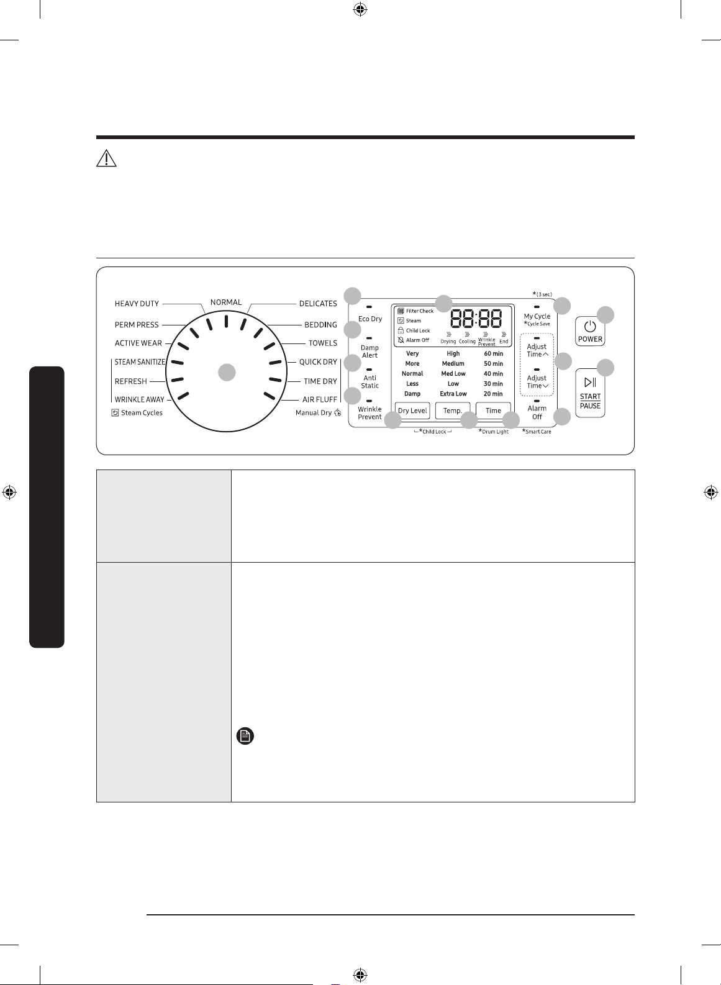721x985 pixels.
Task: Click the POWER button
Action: (590, 331)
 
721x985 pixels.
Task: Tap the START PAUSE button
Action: (590, 393)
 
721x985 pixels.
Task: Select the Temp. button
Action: (452, 411)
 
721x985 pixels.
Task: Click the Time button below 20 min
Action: (493, 411)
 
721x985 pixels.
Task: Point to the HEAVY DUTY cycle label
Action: (137, 304)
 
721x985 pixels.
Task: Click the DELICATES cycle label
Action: (318, 304)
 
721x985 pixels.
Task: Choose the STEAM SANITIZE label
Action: (140, 362)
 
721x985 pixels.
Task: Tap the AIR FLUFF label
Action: (320, 399)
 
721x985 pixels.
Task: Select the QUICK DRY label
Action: (318, 362)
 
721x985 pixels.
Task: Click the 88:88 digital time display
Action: (476, 318)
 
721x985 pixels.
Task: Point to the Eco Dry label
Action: (370, 319)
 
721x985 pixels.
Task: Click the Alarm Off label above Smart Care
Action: (537, 412)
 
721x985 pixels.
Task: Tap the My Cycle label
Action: (537, 316)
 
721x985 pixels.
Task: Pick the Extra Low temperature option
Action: (453, 394)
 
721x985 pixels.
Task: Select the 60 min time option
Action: (493, 353)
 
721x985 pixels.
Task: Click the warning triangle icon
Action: (106, 158)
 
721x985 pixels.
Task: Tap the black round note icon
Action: (245, 736)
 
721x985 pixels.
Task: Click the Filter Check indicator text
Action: (419, 311)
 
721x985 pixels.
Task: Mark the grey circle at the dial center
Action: (227, 373)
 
